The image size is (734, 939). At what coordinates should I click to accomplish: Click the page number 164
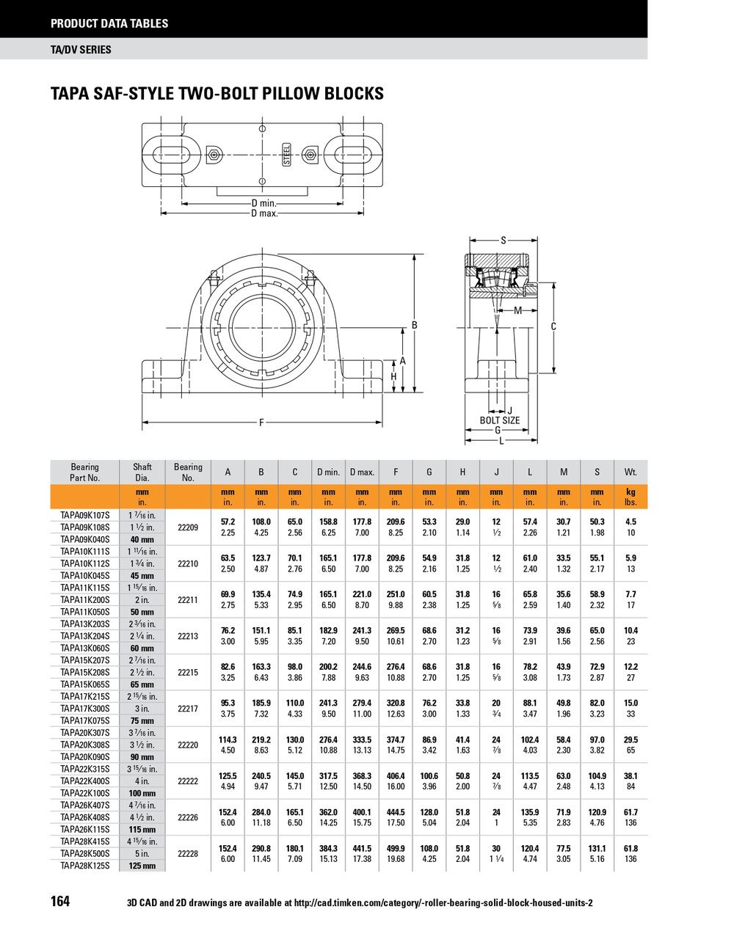[x=60, y=901]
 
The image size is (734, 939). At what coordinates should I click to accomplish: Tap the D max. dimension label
[x=264, y=213]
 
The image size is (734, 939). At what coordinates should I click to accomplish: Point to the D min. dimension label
[x=264, y=203]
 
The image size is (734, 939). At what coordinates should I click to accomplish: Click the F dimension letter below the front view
[x=261, y=423]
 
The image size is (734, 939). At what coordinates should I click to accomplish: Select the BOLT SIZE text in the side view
[x=500, y=420]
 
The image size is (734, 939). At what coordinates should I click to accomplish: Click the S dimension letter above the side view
[x=503, y=241]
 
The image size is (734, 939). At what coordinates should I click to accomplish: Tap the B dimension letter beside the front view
[x=414, y=325]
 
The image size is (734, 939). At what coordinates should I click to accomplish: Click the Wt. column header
[x=631, y=472]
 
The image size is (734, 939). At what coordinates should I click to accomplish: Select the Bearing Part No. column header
[x=84, y=472]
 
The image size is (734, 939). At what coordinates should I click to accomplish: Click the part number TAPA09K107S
[x=84, y=515]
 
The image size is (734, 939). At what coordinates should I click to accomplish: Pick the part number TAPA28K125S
[x=84, y=866]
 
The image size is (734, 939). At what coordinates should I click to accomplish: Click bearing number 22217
[x=188, y=709]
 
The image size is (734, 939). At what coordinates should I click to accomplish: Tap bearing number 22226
[x=188, y=817]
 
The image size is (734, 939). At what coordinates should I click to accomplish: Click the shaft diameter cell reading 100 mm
[x=142, y=793]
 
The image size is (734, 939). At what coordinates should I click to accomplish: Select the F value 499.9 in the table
[x=396, y=849]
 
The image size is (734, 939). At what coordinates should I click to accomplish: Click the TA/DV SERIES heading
[x=81, y=50]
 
